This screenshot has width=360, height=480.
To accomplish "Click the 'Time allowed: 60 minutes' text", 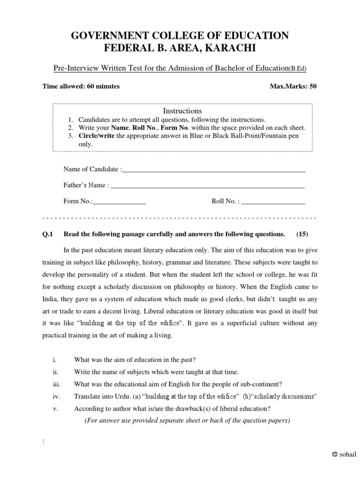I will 81,86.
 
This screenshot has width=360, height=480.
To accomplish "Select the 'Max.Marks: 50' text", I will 293,86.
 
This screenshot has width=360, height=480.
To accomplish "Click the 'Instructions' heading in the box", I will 182,111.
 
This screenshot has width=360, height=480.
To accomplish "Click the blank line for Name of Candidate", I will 213,169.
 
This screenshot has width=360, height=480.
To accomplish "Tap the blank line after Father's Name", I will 207,186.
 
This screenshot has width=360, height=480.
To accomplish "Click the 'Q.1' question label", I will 49,234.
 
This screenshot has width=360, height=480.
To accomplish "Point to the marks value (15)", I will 302,234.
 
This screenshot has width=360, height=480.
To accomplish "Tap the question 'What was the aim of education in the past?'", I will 135,360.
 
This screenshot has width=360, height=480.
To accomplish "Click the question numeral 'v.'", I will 55,408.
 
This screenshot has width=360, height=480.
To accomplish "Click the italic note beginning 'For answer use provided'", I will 187,420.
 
